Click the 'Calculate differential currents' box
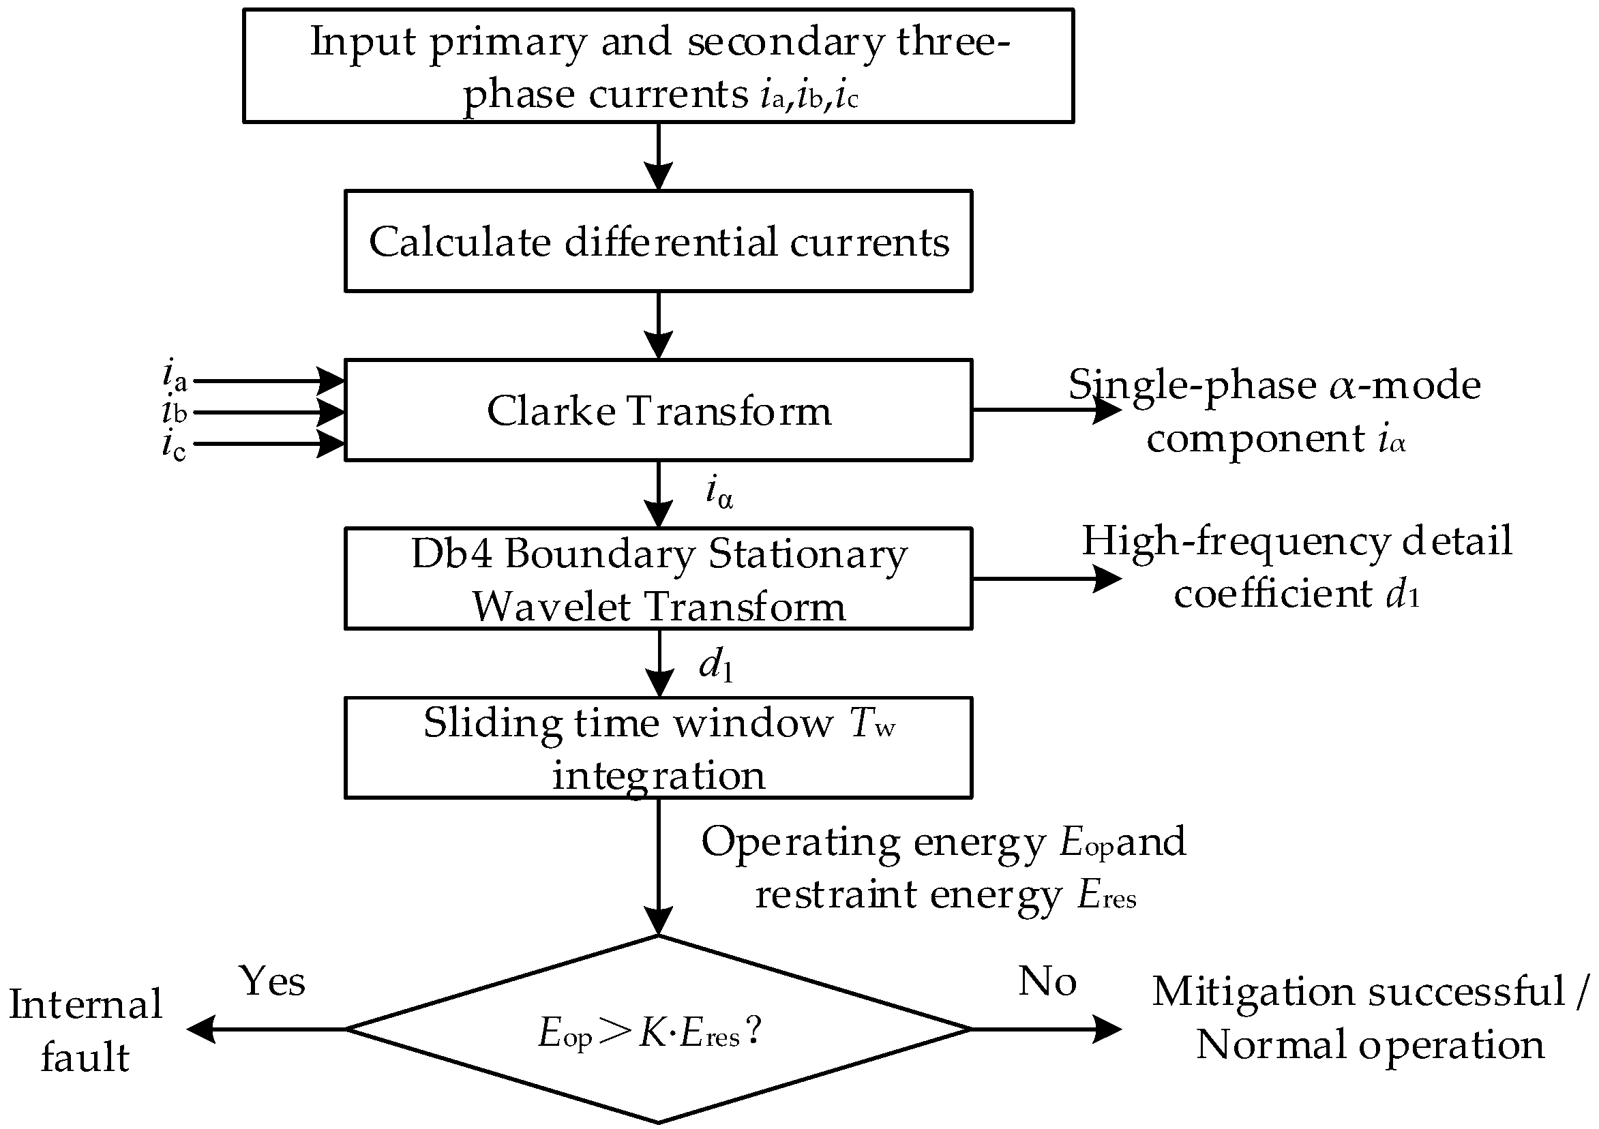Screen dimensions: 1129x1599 coord(658,241)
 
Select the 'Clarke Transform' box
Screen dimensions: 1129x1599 coord(658,410)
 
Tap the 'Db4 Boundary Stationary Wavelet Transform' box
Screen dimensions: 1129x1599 coord(658,579)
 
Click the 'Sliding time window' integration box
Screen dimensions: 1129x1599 coord(658,747)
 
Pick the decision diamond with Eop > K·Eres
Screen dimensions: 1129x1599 coord(658,1029)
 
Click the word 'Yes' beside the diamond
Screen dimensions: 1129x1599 coord(272,981)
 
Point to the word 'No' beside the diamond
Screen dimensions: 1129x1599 coord(1047,981)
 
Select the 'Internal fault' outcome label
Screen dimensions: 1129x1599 coord(85,1030)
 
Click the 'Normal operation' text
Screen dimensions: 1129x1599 coord(1370,1044)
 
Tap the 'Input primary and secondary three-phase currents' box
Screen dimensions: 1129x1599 coord(658,66)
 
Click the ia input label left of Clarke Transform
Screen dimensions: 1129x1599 coord(174,376)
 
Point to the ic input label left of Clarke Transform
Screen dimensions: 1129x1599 coord(174,445)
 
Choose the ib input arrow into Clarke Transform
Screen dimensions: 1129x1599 coord(268,412)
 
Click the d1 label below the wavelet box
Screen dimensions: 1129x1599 coord(716,666)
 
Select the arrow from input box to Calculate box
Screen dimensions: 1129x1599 coord(658,157)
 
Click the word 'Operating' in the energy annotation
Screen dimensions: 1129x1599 coord(801,843)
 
